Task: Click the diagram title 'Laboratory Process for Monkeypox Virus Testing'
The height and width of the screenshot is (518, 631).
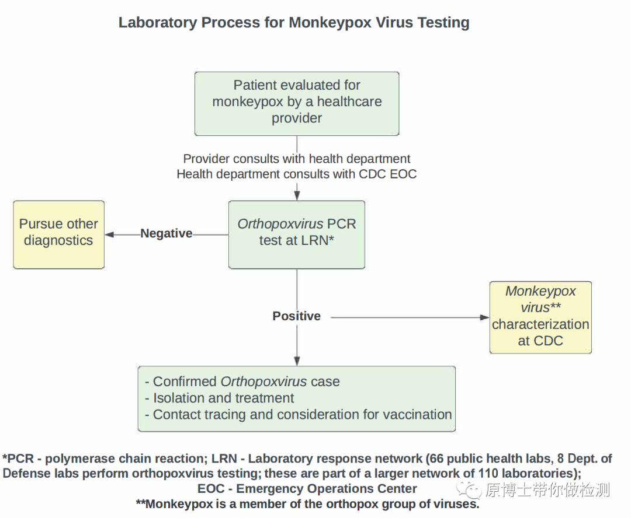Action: pos(294,23)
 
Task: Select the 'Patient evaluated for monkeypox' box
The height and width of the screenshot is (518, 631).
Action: pos(297,103)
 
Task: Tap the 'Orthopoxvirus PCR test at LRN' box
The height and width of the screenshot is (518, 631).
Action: pos(297,234)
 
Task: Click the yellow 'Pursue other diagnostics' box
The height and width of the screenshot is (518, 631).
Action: pos(58,234)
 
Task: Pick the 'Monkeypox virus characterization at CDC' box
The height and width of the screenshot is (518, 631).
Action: pos(540,317)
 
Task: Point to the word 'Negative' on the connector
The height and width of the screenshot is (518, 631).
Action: pos(166,234)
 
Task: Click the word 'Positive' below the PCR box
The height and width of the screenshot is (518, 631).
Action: pos(297,316)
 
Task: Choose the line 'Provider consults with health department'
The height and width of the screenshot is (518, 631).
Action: pos(297,159)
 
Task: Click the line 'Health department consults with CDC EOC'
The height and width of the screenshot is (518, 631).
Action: pos(297,174)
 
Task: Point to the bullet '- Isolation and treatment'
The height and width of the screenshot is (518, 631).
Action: pos(220,398)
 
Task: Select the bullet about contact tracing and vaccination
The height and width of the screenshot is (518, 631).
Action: pos(299,415)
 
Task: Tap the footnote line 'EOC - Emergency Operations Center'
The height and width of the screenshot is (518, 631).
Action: pos(307,489)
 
